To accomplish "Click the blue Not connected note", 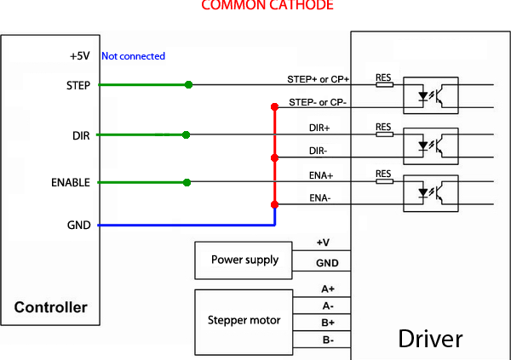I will pos(133,56).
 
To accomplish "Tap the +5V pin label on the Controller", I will pos(79,56).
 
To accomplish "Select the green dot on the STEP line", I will pos(188,85).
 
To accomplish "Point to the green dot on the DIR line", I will pos(187,134).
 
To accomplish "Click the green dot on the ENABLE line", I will pos(187,182).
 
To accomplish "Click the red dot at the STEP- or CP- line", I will pos(274,107).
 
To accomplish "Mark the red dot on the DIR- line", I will pos(274,157).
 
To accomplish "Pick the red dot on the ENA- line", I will pos(274,204).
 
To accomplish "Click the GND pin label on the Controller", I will pos(78,226).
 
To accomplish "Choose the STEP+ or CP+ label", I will pos(318,79).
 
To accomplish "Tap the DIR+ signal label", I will pos(319,128).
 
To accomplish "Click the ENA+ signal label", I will pos(320,175).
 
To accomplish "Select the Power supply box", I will pos(244,260).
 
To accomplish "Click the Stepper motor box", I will pos(244,321).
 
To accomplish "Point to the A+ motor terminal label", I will pos(328,289).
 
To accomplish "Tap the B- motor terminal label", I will pos(328,340).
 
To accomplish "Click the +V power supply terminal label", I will pos(324,243).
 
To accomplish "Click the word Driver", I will pos(430,339).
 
